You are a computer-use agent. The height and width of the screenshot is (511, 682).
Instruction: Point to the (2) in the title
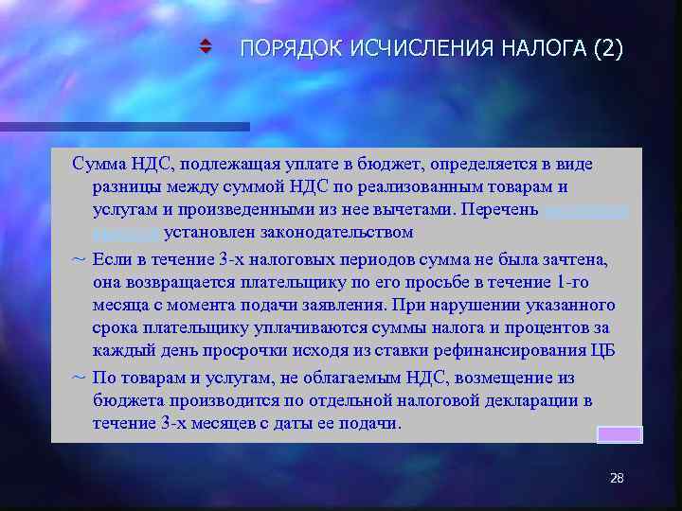(x=606, y=49)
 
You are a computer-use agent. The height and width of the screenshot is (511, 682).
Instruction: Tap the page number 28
(x=617, y=479)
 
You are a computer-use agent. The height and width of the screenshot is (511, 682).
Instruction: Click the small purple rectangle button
(x=619, y=434)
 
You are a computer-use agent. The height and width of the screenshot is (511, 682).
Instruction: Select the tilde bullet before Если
(x=79, y=258)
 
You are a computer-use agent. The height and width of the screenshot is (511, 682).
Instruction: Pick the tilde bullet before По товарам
(x=79, y=377)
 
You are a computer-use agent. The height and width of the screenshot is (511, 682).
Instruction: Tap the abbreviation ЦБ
(x=602, y=352)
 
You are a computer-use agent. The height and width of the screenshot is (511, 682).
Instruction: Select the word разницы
(x=123, y=186)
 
